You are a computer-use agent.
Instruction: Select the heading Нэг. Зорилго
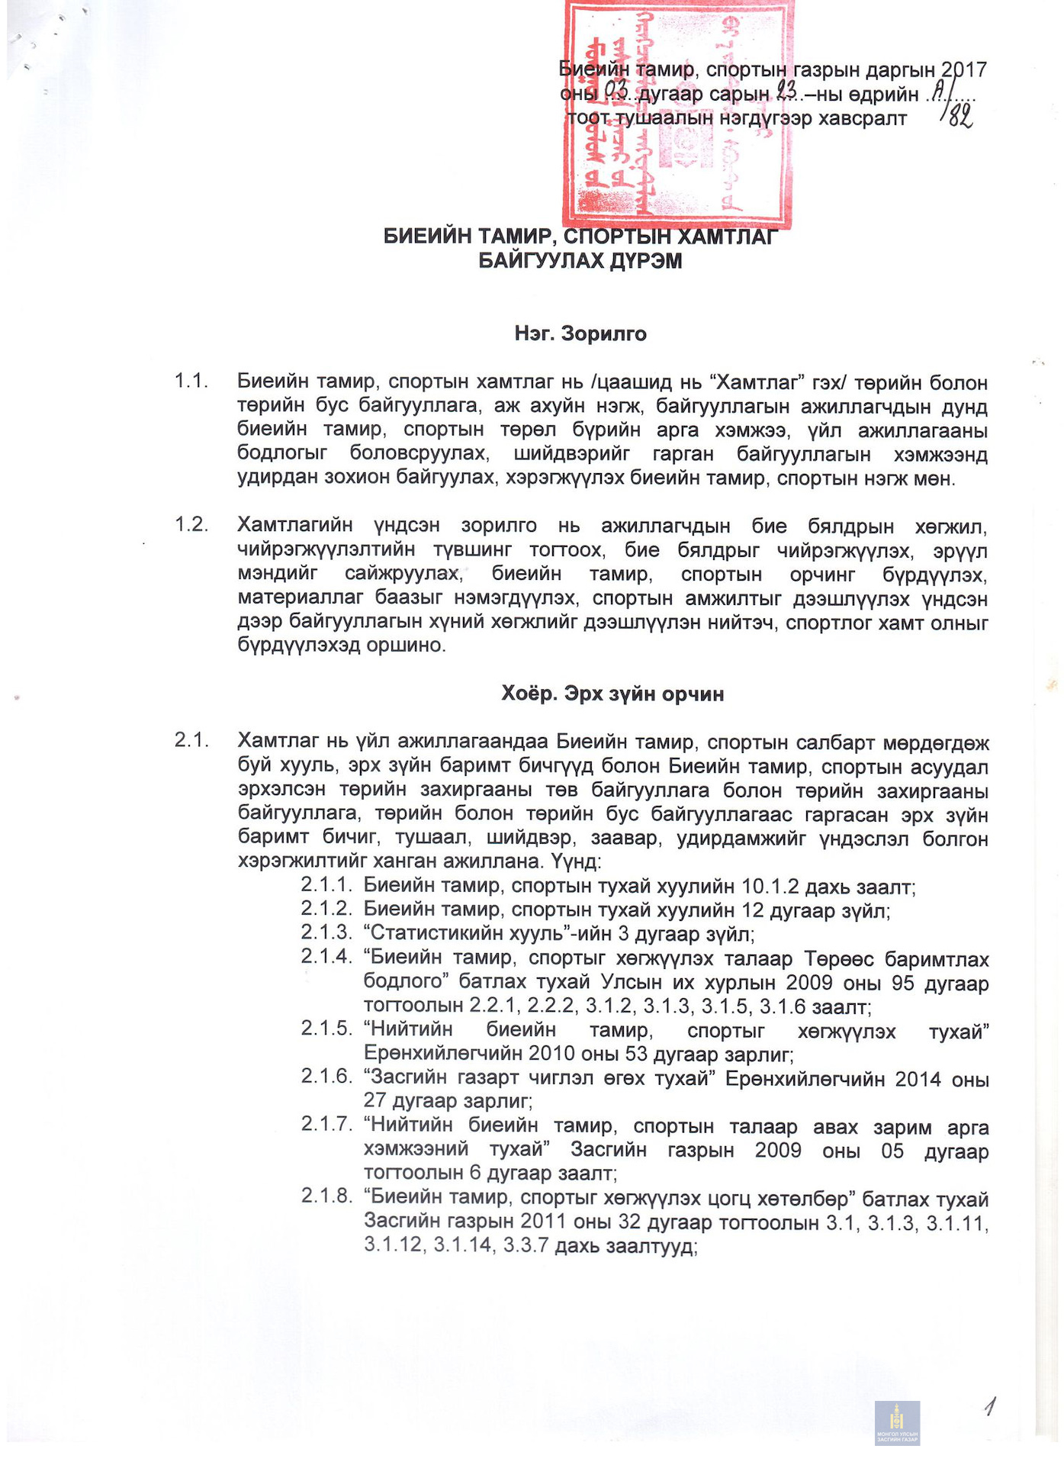[x=580, y=333]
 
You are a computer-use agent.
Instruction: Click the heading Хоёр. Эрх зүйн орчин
[x=612, y=694]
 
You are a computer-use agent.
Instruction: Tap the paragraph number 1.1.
[x=191, y=381]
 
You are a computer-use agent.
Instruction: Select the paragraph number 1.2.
[x=191, y=524]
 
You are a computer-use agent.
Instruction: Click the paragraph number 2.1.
[x=191, y=739]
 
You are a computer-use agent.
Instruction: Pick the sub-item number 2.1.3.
[x=326, y=932]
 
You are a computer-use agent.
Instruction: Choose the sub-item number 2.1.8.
[x=326, y=1196]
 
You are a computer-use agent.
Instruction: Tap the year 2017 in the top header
[x=964, y=70]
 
